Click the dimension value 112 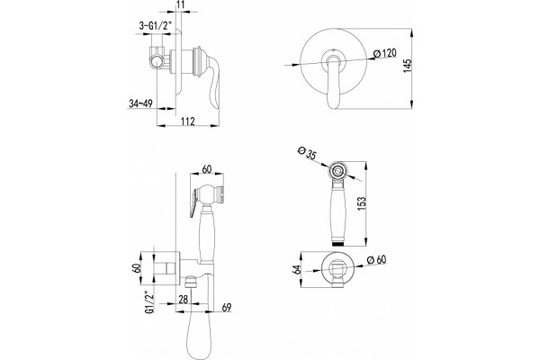tap(187, 121)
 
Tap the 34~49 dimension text tap(140, 103)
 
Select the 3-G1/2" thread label tap(155, 26)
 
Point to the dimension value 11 tap(181, 4)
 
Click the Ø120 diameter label tap(384, 53)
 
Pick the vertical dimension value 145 tap(407, 66)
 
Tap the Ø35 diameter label tap(307, 153)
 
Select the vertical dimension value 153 tap(362, 204)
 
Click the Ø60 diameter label tap(376, 259)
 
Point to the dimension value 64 tap(296, 270)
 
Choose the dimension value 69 tap(226, 307)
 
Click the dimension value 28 tap(184, 299)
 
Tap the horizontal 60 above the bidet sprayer tap(207, 169)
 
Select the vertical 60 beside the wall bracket tap(136, 269)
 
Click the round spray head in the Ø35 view tap(338, 170)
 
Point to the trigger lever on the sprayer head tap(194, 203)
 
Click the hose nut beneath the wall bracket tap(191, 282)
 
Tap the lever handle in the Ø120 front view tap(333, 83)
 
